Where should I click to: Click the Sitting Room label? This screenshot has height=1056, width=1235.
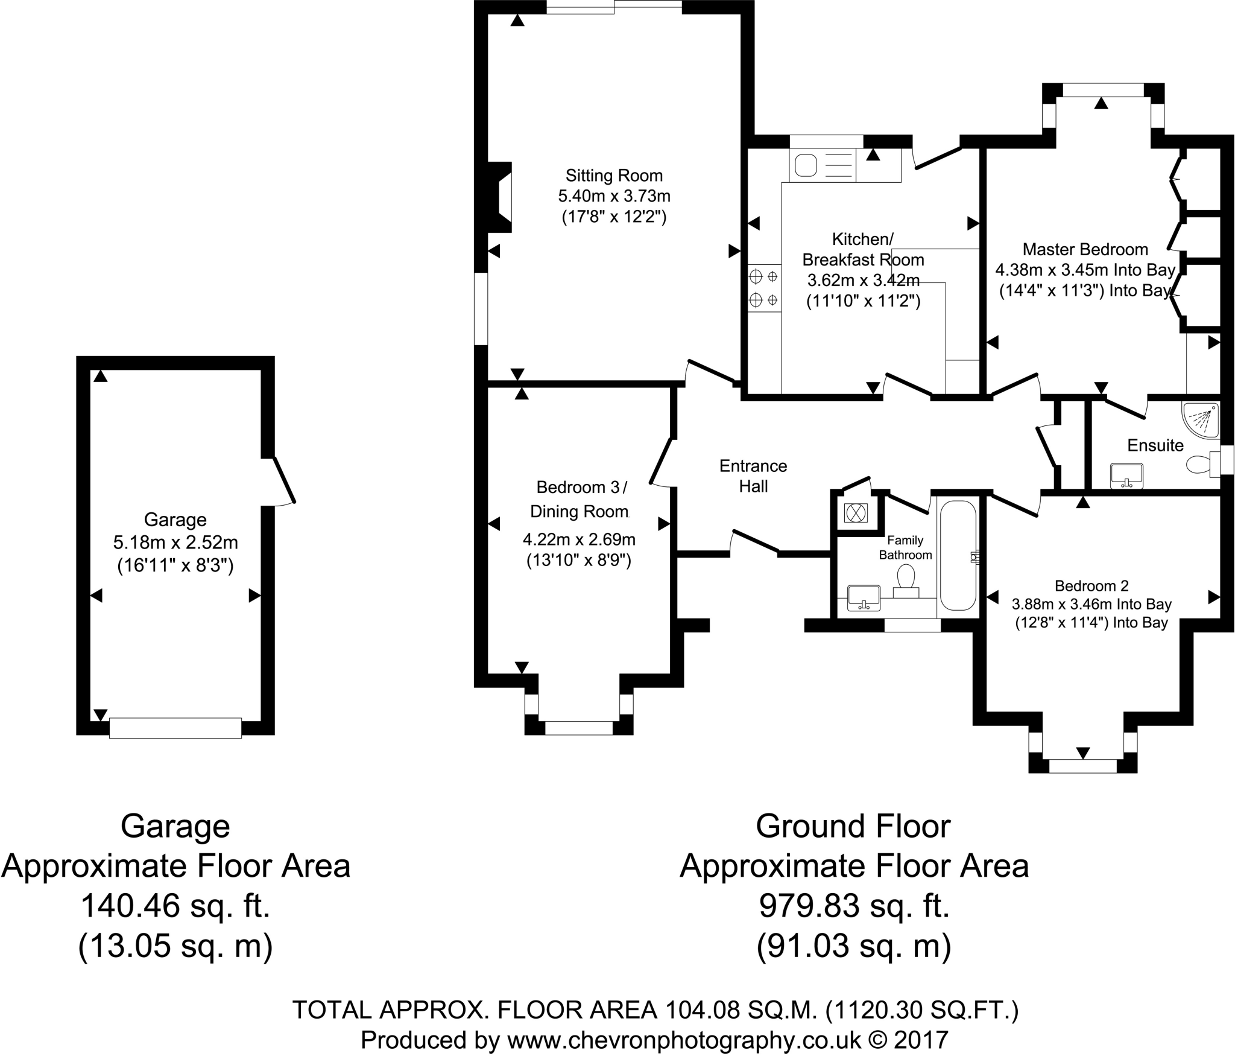(x=614, y=176)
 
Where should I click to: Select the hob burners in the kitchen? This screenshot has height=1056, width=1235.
(x=764, y=288)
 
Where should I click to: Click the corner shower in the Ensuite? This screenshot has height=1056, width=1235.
(x=1201, y=419)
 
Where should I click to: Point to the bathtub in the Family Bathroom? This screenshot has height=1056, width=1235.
(x=958, y=555)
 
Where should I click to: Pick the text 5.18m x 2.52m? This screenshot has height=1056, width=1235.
(x=175, y=542)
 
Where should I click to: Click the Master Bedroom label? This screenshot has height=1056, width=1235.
(x=1085, y=249)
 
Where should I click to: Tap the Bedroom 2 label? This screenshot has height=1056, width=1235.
(x=1091, y=585)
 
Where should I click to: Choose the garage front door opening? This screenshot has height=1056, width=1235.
(x=175, y=728)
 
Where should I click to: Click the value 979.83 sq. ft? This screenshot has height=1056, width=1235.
(x=854, y=905)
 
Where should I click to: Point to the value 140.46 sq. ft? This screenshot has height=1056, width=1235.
(x=175, y=905)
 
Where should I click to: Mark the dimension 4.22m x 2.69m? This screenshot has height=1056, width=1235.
(x=578, y=539)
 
